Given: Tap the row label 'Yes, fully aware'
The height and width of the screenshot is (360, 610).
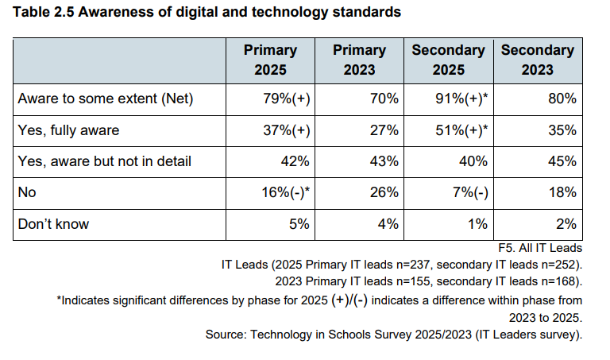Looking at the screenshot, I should tap(69, 130).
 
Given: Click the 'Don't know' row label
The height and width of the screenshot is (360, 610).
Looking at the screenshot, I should tap(53, 223).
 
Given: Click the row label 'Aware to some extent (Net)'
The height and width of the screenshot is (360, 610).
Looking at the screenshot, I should tap(105, 99).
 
